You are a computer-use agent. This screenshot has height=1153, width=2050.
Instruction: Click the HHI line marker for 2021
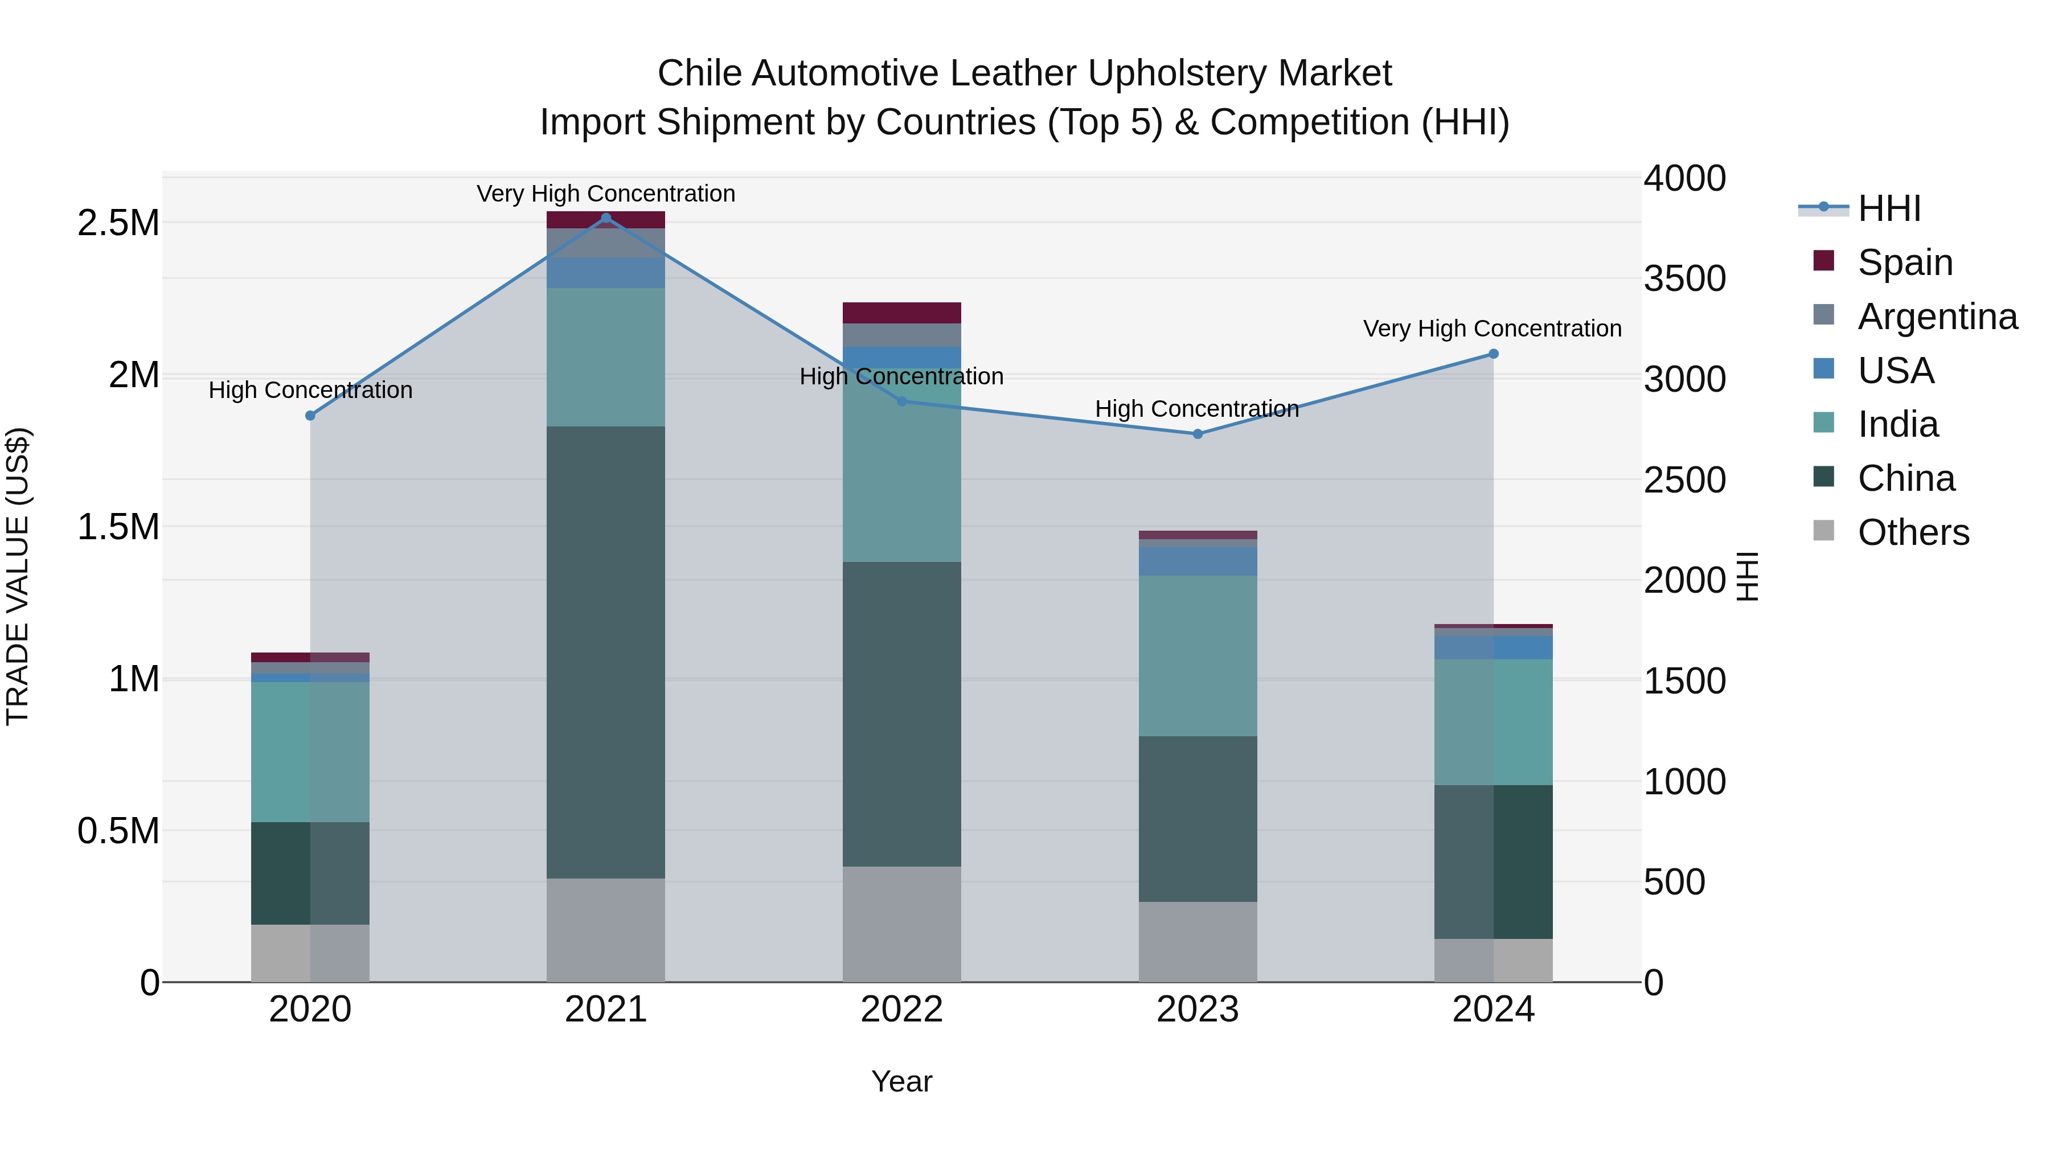(x=606, y=218)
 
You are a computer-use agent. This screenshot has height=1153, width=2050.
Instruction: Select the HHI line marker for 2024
(x=1493, y=354)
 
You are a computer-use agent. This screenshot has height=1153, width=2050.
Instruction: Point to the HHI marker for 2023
(x=1198, y=434)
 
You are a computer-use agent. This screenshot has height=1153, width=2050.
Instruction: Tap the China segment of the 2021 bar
(x=606, y=653)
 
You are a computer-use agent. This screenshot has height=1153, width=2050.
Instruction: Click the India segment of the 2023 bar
(x=1198, y=656)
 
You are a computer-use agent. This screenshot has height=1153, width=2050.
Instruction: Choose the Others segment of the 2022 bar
(x=901, y=925)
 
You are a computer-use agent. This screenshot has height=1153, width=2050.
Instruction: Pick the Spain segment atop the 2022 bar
(x=901, y=313)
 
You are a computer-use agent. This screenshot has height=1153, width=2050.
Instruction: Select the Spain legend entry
(x=1904, y=262)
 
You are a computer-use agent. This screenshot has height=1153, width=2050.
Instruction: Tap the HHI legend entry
(x=1888, y=208)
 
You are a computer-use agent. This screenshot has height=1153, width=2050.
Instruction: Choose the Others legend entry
(x=1912, y=532)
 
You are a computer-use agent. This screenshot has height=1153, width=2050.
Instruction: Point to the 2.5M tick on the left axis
(x=118, y=224)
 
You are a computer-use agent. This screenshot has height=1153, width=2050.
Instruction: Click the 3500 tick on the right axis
(x=1685, y=278)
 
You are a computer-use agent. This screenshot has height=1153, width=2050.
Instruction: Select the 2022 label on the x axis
(x=901, y=1010)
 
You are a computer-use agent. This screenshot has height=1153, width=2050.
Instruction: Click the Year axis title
(x=901, y=1081)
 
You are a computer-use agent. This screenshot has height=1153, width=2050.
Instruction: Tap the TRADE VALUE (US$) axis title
(x=18, y=576)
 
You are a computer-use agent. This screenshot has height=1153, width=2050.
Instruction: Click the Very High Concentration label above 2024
(x=1492, y=329)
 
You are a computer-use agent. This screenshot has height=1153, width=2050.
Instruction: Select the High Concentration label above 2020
(x=310, y=390)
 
